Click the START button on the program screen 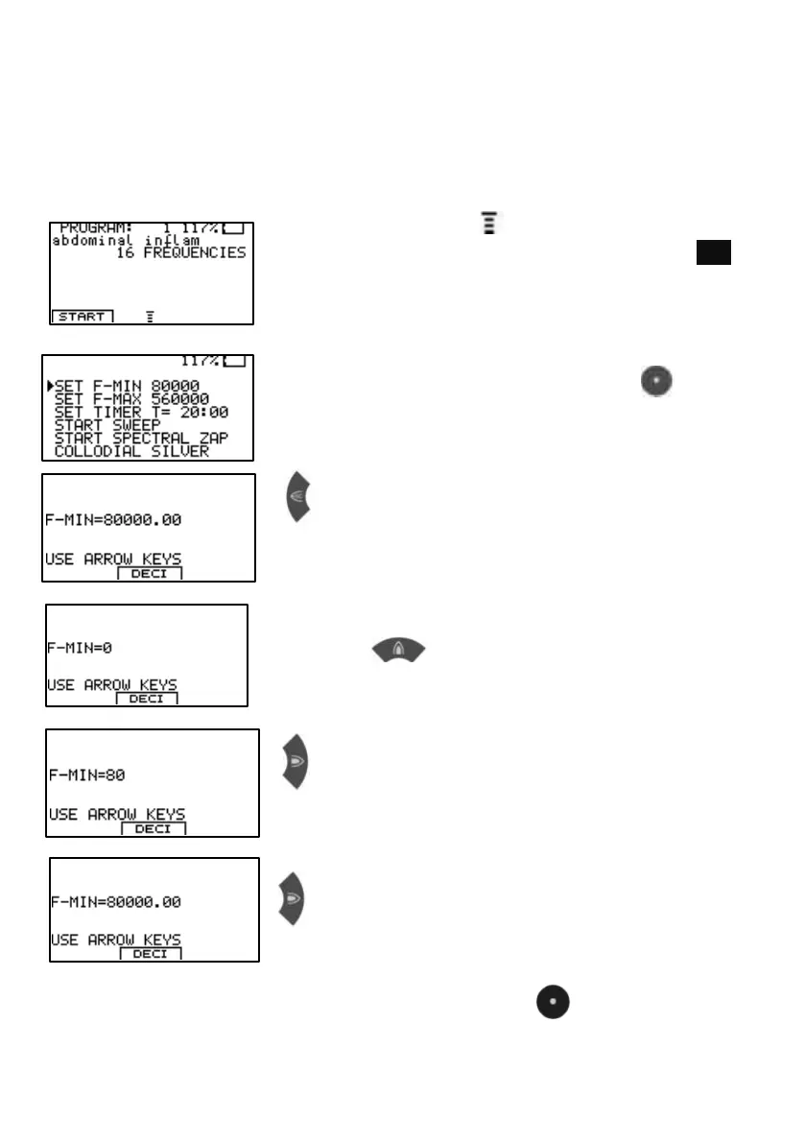82,316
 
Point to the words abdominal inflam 125,241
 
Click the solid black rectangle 714,252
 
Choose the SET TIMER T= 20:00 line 141,412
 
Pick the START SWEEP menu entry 107,425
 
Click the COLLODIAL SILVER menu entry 131,451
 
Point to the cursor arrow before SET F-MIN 49,386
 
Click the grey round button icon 652,381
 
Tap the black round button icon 553,1003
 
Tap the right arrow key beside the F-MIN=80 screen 295,762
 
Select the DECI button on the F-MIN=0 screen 146,699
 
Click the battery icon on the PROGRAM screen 234,228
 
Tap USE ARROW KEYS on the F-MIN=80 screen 117,815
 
